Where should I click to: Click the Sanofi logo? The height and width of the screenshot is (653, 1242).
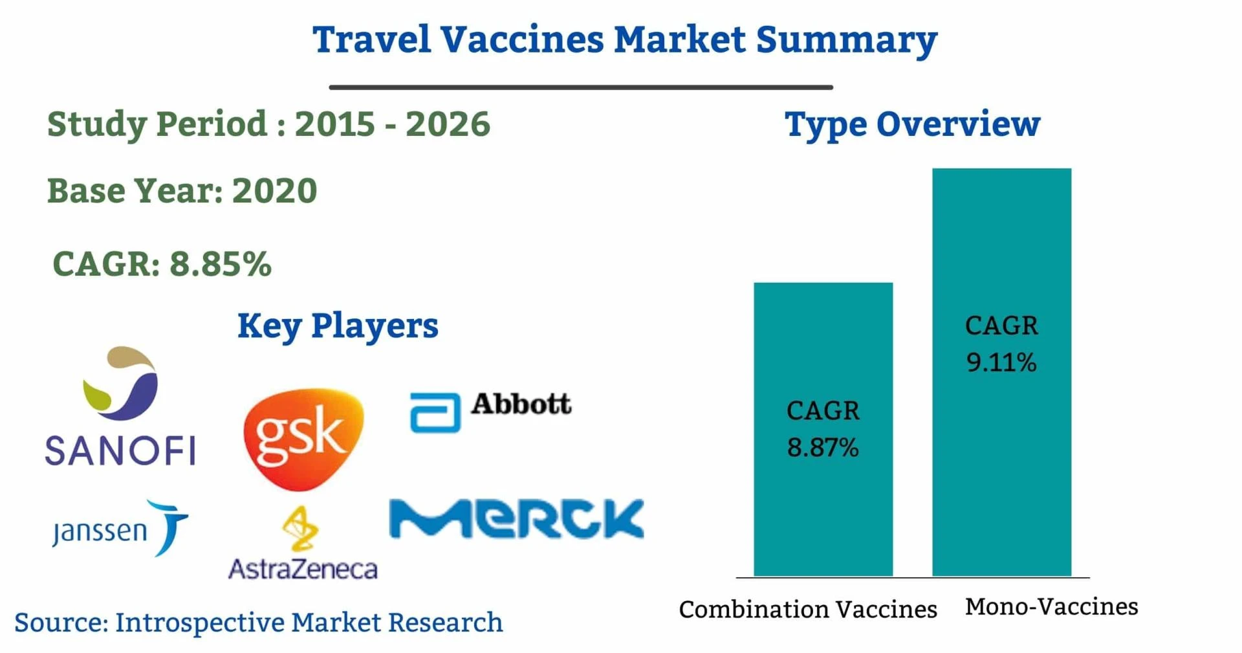point(120,406)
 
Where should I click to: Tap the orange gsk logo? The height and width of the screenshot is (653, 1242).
point(303,438)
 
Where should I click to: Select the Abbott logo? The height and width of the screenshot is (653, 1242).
point(491,412)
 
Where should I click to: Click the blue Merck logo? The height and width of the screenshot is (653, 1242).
point(516,518)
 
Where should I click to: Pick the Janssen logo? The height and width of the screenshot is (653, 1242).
point(120,527)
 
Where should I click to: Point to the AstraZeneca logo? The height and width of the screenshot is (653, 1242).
point(303,543)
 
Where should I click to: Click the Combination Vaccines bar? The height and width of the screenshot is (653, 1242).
point(823,429)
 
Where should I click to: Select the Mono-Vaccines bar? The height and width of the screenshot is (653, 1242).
point(1001,372)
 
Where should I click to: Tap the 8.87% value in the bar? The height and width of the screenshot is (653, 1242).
point(823,447)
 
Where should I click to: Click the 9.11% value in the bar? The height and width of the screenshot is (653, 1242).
point(1001,362)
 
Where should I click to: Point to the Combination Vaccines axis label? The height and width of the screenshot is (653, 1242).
point(808,609)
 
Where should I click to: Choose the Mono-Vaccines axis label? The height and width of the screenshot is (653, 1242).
point(1052,606)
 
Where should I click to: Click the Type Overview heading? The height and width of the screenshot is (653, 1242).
point(912,124)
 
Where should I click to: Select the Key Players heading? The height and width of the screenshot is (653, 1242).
point(338,325)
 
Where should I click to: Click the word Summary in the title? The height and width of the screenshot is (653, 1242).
point(847,40)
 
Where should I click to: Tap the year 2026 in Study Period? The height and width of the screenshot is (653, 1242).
point(448,124)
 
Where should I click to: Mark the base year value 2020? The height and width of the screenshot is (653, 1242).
point(274,190)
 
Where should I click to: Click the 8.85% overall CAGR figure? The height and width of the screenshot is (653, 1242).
point(221,263)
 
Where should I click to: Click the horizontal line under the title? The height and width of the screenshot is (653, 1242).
point(581,87)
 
